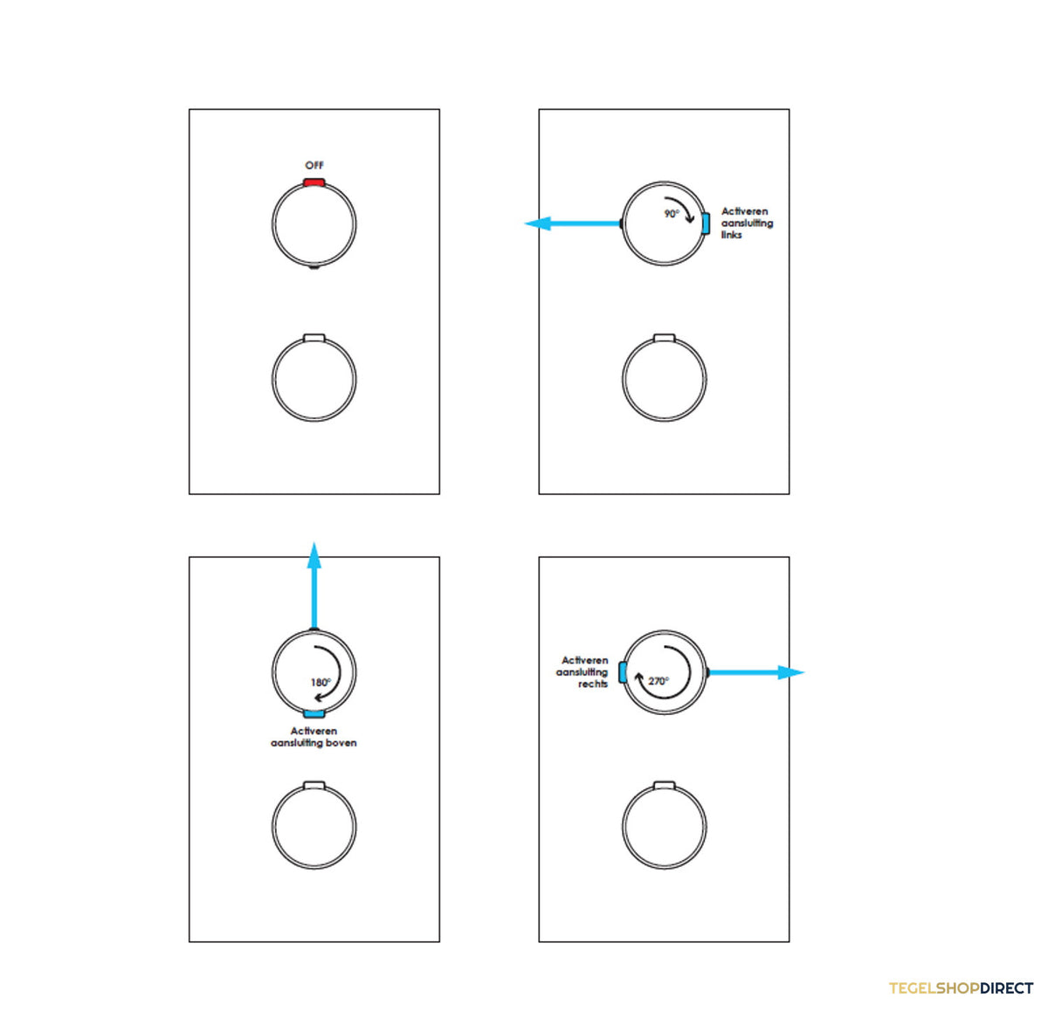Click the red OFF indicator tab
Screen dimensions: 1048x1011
(x=314, y=182)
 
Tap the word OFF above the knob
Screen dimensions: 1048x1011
(x=314, y=165)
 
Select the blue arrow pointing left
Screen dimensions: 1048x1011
(x=572, y=223)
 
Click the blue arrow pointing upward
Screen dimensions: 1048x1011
(x=314, y=585)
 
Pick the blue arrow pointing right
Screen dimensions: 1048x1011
(x=756, y=672)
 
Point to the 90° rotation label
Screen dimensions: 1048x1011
(x=672, y=214)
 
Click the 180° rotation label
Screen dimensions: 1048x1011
(x=321, y=683)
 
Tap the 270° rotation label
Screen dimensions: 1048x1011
(x=658, y=681)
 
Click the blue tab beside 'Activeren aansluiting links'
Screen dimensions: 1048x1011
(x=706, y=223)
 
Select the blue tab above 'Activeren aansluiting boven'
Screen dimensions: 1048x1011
(x=314, y=714)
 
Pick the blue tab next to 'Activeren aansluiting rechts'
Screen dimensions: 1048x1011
(x=623, y=672)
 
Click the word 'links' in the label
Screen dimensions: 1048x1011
(x=732, y=235)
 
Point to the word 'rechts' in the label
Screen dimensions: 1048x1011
(x=593, y=684)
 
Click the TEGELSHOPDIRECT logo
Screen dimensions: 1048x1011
(x=962, y=988)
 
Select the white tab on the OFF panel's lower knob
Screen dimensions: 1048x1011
(x=314, y=338)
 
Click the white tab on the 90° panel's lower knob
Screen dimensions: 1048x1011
(x=664, y=338)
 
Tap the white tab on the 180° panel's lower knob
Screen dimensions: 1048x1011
(x=314, y=786)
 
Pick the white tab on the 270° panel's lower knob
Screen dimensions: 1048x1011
(x=664, y=786)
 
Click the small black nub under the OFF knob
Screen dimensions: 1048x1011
(x=314, y=266)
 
